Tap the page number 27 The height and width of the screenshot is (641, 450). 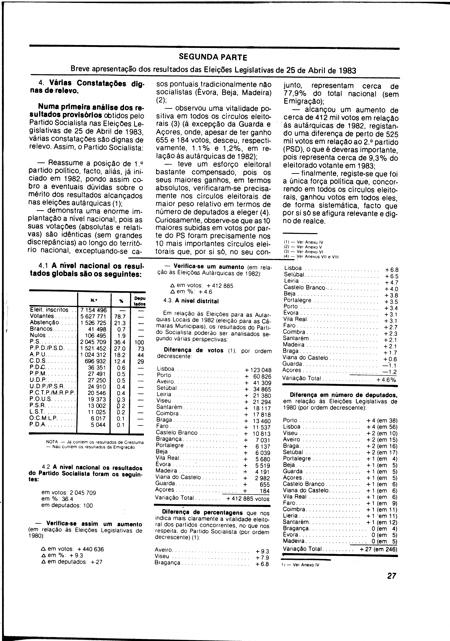tap(391, 576)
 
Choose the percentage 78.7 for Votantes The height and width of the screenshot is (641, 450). tap(120, 317)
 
